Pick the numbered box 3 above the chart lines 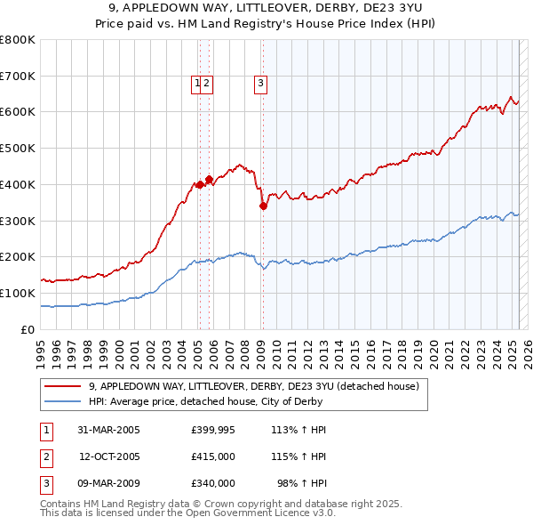[x=261, y=84]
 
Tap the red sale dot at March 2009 [x=263, y=206]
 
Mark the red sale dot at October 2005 [x=209, y=179]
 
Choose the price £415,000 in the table [x=213, y=456]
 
